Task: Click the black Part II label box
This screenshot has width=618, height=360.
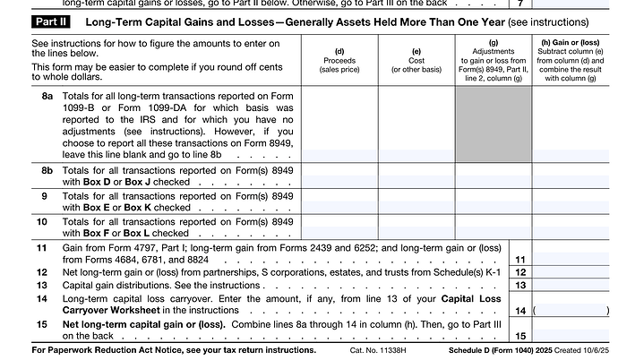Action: tap(52, 20)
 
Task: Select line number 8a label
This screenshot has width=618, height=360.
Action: tap(47, 94)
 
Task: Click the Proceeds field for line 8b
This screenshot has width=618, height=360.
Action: tap(339, 175)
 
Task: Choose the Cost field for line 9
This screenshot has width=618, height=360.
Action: tap(416, 201)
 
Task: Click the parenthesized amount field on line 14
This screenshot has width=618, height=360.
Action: tap(571, 310)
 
